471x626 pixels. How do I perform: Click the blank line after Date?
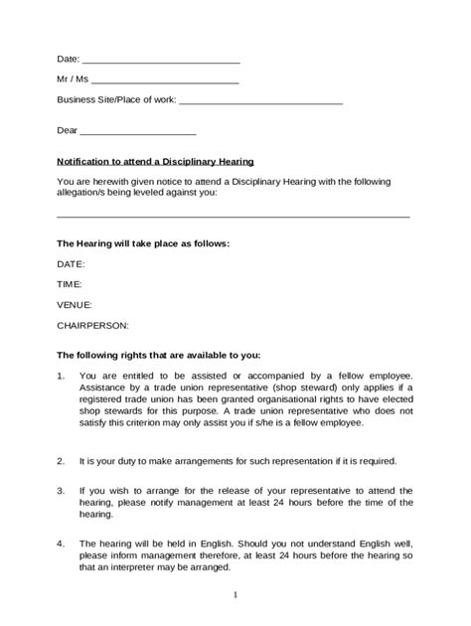click(161, 62)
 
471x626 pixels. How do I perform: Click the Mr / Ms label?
click(72, 79)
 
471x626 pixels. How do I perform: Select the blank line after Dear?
click(138, 132)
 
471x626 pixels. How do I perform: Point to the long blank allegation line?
click(234, 215)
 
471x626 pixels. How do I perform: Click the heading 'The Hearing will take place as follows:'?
click(143, 242)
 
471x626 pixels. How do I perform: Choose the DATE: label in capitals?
click(71, 264)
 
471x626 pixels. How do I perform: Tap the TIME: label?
click(70, 284)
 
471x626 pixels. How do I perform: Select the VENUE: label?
click(75, 304)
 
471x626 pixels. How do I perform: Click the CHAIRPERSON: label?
click(92, 325)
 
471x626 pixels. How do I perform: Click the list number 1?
click(61, 376)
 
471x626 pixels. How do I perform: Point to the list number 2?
click(61, 461)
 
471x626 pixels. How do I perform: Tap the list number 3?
click(61, 491)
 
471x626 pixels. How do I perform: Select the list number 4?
click(61, 544)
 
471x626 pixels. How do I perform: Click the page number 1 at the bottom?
click(235, 594)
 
